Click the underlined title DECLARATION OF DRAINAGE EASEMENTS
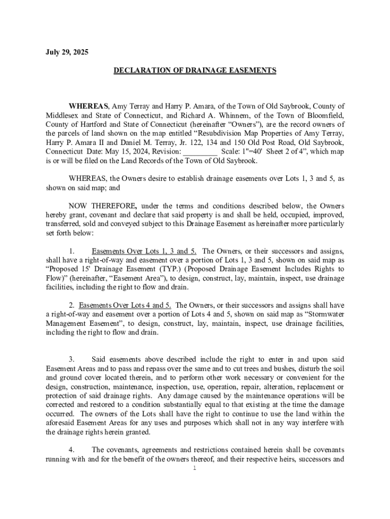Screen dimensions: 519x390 point(195,70)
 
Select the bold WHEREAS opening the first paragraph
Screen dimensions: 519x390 point(89,106)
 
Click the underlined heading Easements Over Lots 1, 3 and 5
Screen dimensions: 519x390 point(144,251)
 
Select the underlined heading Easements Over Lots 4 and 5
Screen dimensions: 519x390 point(125,305)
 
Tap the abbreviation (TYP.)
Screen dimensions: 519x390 point(190,269)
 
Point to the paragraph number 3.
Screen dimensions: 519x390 point(72,359)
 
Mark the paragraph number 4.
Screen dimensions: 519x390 point(72,450)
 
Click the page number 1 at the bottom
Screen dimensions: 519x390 point(194,468)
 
